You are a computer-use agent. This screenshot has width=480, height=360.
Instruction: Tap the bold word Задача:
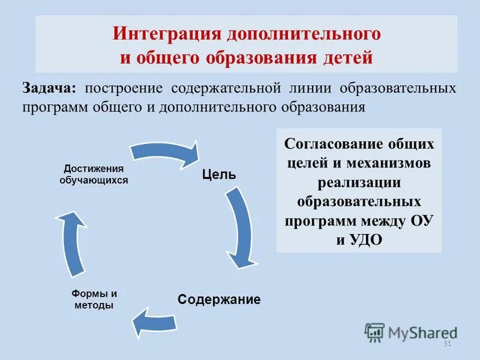click(x=50, y=88)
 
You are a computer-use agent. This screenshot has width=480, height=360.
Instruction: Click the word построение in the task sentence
click(x=124, y=88)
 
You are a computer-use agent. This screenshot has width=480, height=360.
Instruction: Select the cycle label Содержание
click(x=219, y=299)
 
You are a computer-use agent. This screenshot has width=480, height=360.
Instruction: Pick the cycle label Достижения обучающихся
click(x=94, y=174)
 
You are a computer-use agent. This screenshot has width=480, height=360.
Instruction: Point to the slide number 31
click(x=446, y=344)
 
